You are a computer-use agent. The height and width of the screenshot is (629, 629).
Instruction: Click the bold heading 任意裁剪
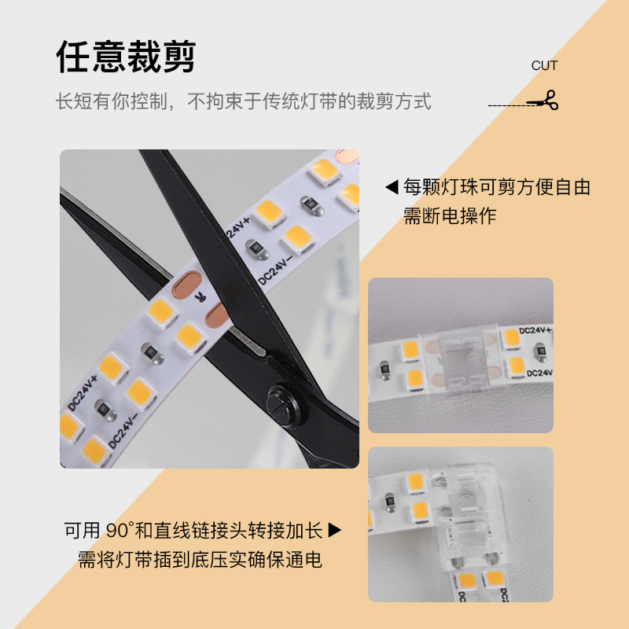(x=126, y=57)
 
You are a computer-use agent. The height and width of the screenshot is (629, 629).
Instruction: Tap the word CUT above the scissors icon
(x=544, y=66)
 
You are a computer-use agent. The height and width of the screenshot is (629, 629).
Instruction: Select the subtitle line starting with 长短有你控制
(x=243, y=101)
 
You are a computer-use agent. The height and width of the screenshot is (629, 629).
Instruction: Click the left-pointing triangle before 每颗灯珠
(x=391, y=188)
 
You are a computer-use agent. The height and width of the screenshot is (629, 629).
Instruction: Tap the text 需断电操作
(x=450, y=216)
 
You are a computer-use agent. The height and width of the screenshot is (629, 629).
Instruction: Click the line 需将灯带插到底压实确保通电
(x=200, y=560)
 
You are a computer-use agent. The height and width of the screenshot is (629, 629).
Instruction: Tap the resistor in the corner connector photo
(x=388, y=497)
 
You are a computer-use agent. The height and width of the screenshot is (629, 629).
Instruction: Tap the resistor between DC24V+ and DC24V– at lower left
(x=102, y=407)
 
